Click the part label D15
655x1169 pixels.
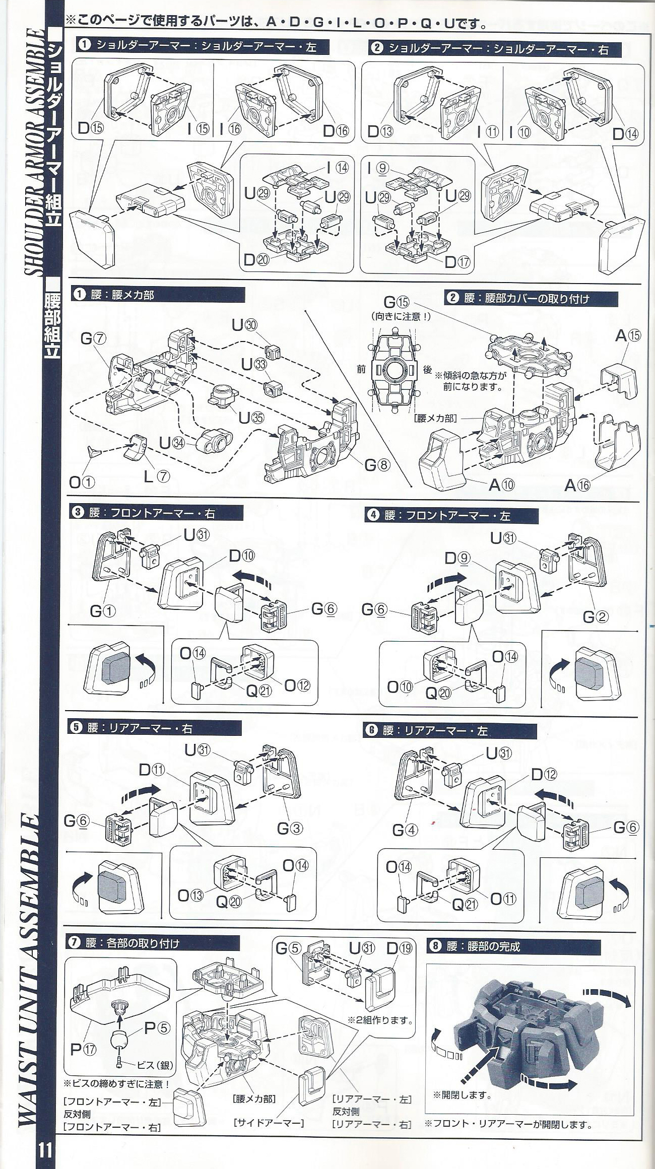(90, 128)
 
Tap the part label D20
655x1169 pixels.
(255, 260)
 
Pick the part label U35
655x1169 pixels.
(250, 418)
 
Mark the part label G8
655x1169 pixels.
(377, 465)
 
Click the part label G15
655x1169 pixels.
(398, 303)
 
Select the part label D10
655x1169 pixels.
(242, 556)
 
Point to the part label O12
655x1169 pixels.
(298, 685)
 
